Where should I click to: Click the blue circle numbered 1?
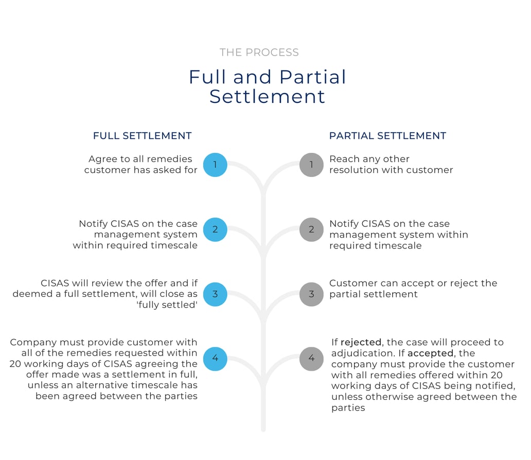tap(215, 165)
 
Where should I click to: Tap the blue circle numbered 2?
tap(215, 229)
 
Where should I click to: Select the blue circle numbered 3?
tap(215, 294)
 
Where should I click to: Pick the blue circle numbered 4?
tap(215, 359)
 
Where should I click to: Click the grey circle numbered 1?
tap(312, 165)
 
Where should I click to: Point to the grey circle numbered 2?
tap(312, 229)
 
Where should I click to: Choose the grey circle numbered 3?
tap(312, 294)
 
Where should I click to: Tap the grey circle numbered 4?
tap(312, 359)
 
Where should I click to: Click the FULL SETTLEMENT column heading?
tap(142, 136)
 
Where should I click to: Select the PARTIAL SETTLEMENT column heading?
tap(388, 136)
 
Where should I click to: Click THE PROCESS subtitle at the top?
tap(259, 52)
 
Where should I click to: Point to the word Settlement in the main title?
tap(267, 97)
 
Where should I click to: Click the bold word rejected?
tap(361, 342)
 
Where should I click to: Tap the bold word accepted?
tap(431, 353)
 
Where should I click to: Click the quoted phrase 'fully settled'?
tap(167, 305)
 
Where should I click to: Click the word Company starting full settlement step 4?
tap(33, 343)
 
